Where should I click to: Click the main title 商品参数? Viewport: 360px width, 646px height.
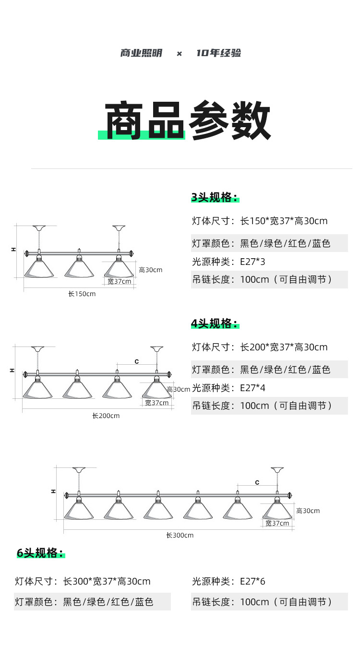point(188,120)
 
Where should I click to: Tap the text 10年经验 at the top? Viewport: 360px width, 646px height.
point(218,53)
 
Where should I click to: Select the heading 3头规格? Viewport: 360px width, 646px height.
point(214,197)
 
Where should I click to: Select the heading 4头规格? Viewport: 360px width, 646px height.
point(214,323)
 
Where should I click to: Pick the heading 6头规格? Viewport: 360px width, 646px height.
point(40,553)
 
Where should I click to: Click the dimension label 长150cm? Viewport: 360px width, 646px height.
point(82,294)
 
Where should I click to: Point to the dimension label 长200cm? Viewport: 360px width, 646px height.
point(106,416)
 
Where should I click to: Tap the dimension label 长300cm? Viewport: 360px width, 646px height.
point(180,535)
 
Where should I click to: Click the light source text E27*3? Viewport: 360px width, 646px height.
point(252,262)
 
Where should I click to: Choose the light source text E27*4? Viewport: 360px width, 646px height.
point(252,388)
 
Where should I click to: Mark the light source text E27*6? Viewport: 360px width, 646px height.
point(252,582)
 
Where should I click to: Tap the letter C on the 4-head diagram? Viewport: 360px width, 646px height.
point(137,361)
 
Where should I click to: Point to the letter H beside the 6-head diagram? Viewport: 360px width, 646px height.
point(53,491)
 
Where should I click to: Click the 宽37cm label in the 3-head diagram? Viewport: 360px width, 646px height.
point(119,281)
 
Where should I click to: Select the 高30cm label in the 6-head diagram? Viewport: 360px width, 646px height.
point(308,511)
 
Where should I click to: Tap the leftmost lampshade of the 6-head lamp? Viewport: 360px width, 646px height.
point(79,509)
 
